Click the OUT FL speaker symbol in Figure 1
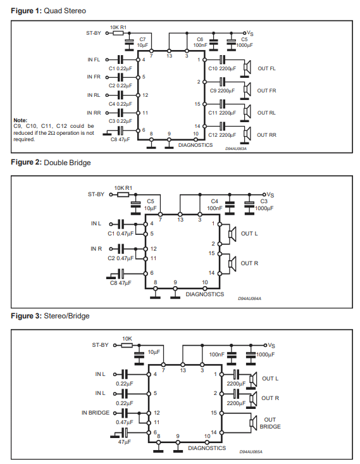click(247, 68)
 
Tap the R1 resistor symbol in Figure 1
click(118, 33)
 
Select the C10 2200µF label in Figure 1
click(222, 68)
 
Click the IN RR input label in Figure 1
click(94, 113)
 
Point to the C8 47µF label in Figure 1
click(120, 139)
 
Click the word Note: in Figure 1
click(20, 120)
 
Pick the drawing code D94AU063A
click(236, 149)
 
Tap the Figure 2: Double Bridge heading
click(51, 163)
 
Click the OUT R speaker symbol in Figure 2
click(232, 263)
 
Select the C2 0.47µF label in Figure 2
click(120, 258)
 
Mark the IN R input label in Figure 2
click(96, 249)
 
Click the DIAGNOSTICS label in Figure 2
click(205, 294)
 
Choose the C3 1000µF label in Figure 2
click(264, 204)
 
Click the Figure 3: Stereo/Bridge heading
click(50, 316)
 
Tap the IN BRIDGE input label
click(96, 413)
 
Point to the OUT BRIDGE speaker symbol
click(254, 423)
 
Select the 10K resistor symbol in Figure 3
click(127, 345)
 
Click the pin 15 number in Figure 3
click(214, 413)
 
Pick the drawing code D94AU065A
click(251, 452)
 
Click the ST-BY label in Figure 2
click(96, 194)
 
